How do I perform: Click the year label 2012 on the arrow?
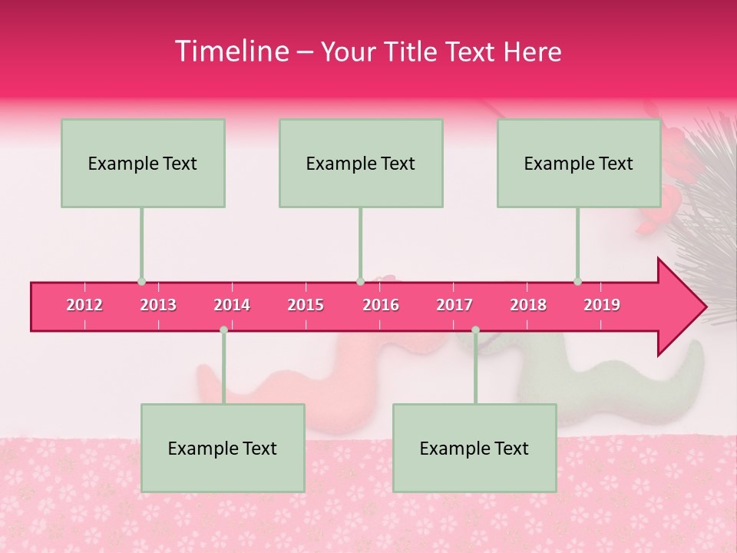84,305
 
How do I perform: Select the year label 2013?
158,305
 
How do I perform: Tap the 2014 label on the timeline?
232,305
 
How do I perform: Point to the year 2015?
306,305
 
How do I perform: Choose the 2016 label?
381,305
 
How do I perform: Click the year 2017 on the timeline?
454,305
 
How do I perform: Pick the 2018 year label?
528,305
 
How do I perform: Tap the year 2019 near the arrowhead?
602,305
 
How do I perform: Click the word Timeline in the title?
230,51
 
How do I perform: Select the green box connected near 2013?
143,163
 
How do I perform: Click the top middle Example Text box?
361,163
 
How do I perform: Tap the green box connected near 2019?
579,163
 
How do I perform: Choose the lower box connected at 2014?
223,448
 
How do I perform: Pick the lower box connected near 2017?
474,448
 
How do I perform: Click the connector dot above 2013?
141,281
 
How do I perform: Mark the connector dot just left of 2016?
360,281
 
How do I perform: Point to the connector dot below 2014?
223,329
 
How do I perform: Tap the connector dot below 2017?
475,329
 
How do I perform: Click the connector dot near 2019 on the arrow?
578,281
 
